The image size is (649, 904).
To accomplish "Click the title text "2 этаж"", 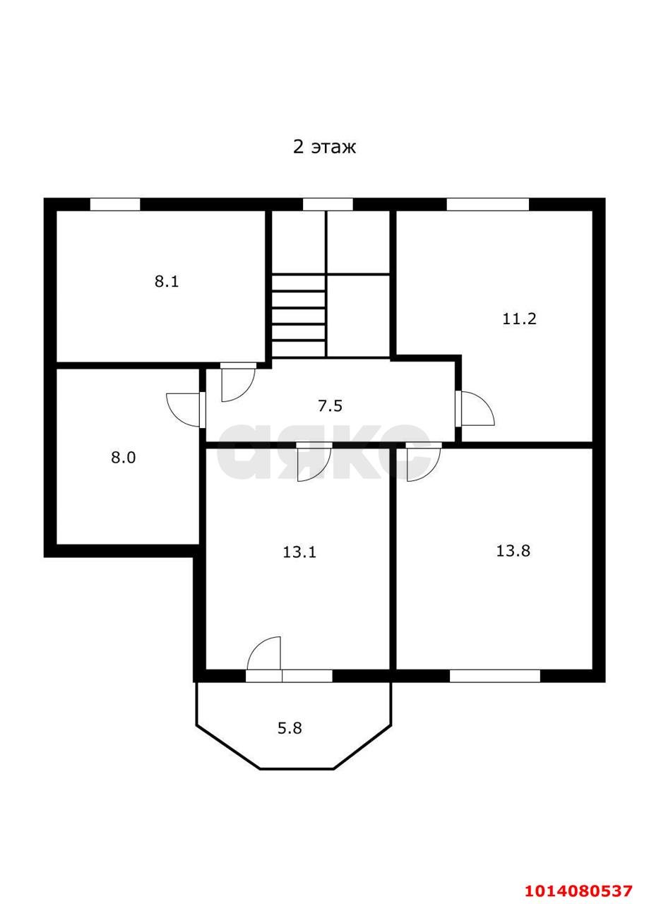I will click(x=324, y=147).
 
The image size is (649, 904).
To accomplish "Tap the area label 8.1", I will click(x=167, y=281).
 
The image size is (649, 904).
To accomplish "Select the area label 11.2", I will click(x=519, y=319).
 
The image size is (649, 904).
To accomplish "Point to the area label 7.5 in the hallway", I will click(x=330, y=406).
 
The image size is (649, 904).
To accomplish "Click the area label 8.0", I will click(x=123, y=458).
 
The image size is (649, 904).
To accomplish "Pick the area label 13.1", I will click(x=299, y=552).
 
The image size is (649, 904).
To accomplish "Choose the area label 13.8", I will click(x=513, y=551).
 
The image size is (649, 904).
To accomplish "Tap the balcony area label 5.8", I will click(x=290, y=728).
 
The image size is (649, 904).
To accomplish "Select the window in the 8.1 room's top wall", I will click(x=115, y=205).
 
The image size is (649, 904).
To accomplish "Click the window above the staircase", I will click(x=328, y=205).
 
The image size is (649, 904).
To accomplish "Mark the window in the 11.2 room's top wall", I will click(x=487, y=205).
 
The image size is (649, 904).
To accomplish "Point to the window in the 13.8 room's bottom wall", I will click(x=494, y=676).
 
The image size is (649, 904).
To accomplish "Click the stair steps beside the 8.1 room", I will click(x=299, y=316).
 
